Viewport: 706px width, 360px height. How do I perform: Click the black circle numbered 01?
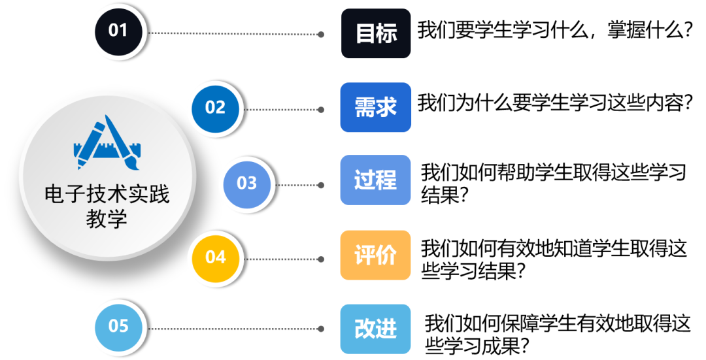click(119, 30)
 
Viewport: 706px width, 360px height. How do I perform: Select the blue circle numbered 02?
click(215, 107)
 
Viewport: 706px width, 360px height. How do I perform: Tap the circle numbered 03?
click(246, 184)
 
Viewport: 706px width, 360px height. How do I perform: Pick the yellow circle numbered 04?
click(215, 257)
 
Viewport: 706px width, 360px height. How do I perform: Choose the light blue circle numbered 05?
click(119, 325)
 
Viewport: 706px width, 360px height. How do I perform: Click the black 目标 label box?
click(376, 33)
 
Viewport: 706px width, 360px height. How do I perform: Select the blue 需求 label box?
click(376, 107)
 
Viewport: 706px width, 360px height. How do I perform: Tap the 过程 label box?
click(376, 180)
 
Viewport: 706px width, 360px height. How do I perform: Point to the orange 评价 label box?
click(376, 255)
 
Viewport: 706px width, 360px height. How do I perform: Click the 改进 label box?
click(376, 329)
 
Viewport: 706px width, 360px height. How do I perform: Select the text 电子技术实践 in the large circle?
click(107, 194)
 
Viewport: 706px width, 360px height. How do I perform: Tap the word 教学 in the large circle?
click(107, 220)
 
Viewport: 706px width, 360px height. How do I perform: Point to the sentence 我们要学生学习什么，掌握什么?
click(555, 31)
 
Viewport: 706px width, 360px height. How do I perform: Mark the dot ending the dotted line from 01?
click(321, 35)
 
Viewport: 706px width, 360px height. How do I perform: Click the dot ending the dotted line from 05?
click(321, 329)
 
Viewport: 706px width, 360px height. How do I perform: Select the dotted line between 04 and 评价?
click(280, 259)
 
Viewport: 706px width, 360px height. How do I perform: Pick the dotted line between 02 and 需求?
click(280, 109)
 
